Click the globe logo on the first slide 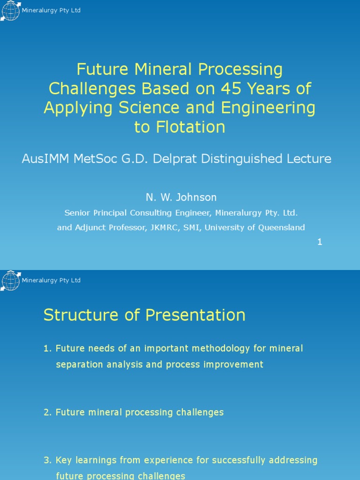pyautogui.click(x=11, y=11)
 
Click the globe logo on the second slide pyautogui.click(x=11, y=281)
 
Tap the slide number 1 pyautogui.click(x=320, y=242)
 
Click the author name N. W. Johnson pyautogui.click(x=181, y=197)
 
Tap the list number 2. pyautogui.click(x=48, y=412)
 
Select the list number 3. pyautogui.click(x=48, y=460)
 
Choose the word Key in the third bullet pyautogui.click(x=64, y=460)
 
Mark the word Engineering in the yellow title pyautogui.click(x=269, y=108)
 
